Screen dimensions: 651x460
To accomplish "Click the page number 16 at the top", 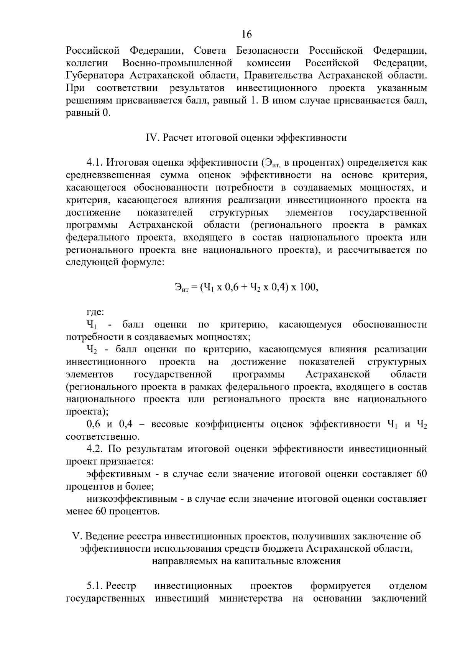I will [x=247, y=35].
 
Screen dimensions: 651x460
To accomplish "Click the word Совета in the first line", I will [x=210, y=51].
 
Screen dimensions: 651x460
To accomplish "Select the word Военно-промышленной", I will [x=177, y=63].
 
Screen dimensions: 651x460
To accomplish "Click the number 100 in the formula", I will [x=309, y=287].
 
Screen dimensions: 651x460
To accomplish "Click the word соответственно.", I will [x=102, y=437].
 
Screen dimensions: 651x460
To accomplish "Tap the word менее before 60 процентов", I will [x=79, y=511].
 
